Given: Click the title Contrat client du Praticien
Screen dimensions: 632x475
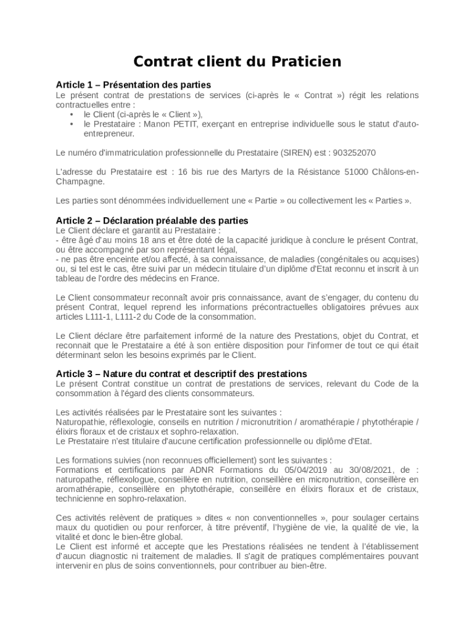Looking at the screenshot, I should pos(238,62).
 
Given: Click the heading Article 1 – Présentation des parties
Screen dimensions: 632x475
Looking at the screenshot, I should pos(133,85).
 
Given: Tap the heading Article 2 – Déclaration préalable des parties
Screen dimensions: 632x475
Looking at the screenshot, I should pos(152,220).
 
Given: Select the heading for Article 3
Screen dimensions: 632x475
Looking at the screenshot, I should pos(181,373).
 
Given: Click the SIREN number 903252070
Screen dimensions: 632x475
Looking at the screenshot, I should pos(354,152).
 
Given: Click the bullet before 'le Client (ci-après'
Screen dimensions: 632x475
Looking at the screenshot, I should pos(72,114).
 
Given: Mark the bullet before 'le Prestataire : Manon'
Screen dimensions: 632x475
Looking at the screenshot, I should pos(72,124).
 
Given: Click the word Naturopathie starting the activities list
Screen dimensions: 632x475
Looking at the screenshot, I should pos(80,422).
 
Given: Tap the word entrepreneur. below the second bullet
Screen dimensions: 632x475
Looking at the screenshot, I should pos(109,133).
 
